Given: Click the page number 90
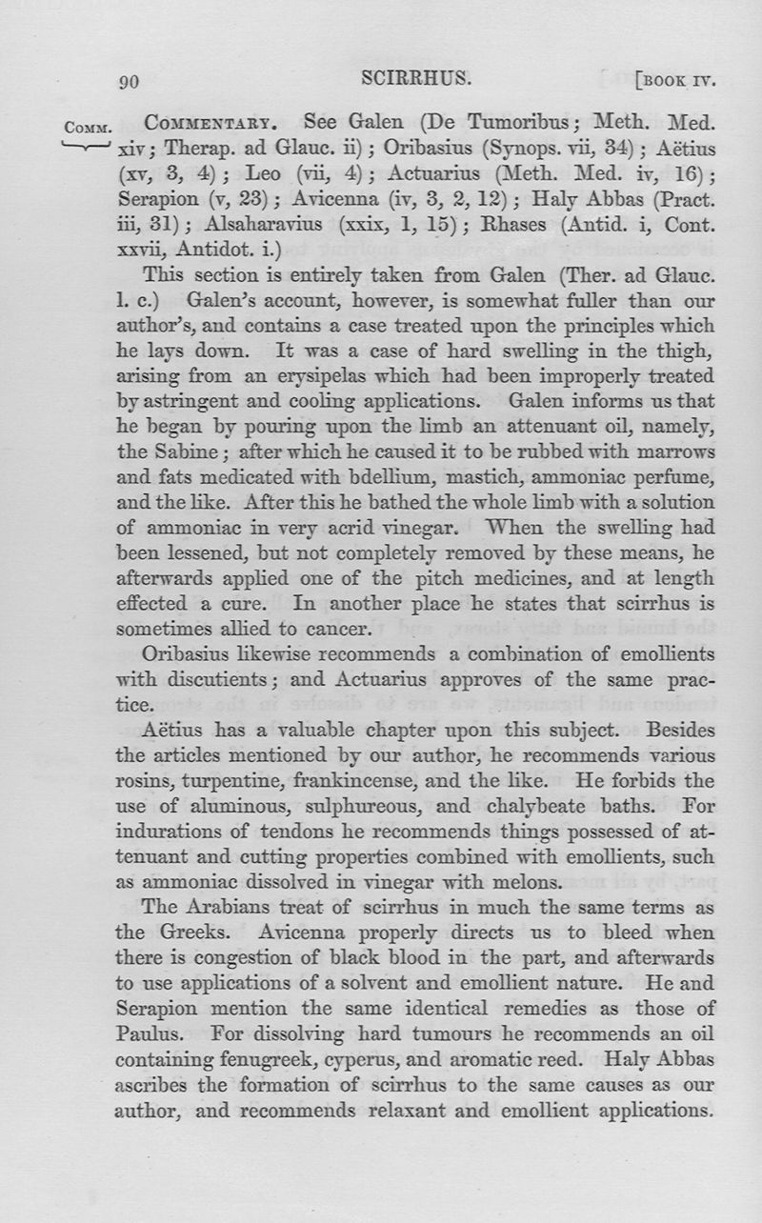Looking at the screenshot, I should [x=130, y=82].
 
